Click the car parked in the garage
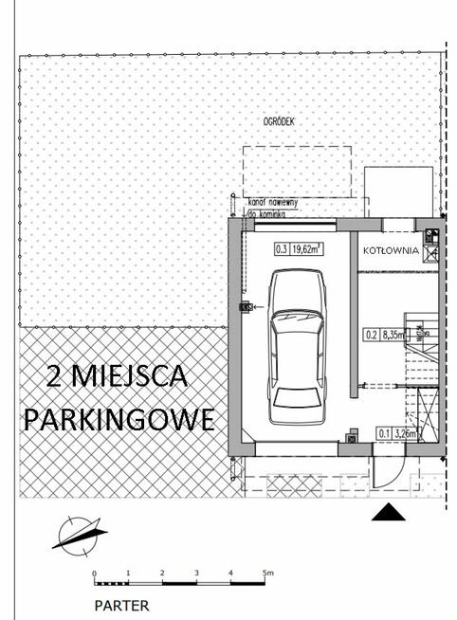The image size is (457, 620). (x=296, y=348)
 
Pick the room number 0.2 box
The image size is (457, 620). (x=372, y=334)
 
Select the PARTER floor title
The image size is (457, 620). (x=120, y=603)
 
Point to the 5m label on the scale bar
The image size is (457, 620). (x=268, y=573)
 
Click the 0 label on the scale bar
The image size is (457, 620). (x=94, y=574)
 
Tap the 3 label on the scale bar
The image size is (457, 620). (x=196, y=574)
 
